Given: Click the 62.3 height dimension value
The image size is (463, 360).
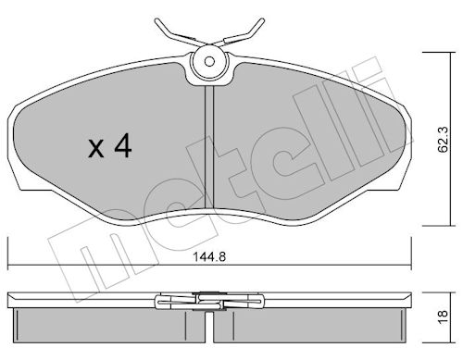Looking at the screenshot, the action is tap(444, 140).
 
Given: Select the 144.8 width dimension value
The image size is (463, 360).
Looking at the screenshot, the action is tap(209, 256).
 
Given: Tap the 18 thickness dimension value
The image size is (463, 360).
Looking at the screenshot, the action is tap(444, 317).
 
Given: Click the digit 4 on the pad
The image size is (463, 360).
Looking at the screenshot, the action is tap(123, 147).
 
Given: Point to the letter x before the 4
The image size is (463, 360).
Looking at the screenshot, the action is tap(96, 149).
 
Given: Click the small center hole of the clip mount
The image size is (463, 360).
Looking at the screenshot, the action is tap(209, 62).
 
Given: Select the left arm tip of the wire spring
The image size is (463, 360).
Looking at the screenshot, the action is tap(156, 21).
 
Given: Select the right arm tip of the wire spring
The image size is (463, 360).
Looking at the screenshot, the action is tap(262, 21).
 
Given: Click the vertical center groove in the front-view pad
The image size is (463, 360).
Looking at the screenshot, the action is tap(209, 147).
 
